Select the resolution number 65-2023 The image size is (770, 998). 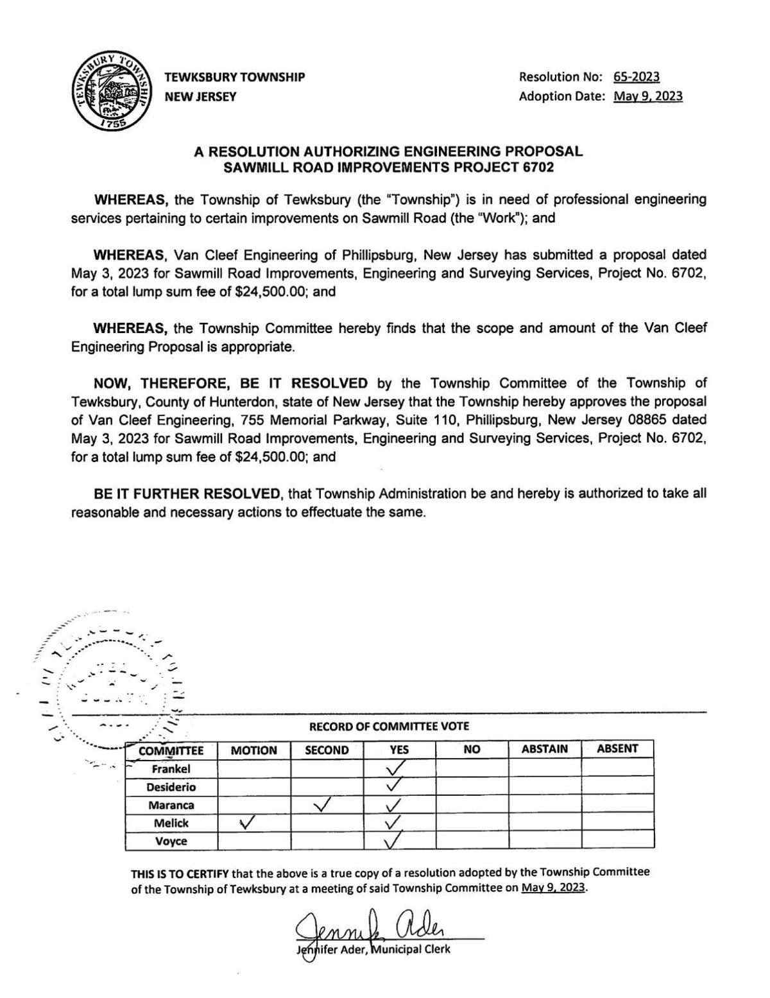coord(636,77)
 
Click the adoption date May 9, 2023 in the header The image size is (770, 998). coord(648,96)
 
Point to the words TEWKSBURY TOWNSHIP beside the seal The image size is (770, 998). coord(235,77)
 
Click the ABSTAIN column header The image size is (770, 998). coord(544,749)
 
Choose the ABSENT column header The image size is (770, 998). coord(617,748)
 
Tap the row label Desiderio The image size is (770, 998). coord(171,787)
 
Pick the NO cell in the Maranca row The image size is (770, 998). coord(472,805)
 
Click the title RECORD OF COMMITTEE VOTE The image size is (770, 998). coord(389,727)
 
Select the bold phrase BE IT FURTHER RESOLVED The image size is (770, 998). coord(187,494)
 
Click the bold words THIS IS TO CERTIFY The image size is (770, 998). coord(180,873)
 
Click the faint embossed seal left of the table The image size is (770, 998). coord(109,680)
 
